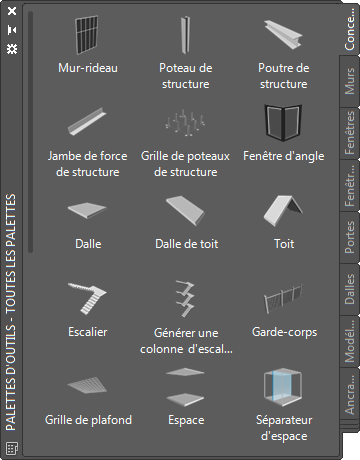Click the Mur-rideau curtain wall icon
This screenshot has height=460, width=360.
tap(87, 35)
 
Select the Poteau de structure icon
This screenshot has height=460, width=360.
tap(185, 35)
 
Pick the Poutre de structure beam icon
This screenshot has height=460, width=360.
tap(283, 34)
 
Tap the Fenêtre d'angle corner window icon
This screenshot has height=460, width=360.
tap(283, 123)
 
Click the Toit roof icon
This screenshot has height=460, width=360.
tap(283, 211)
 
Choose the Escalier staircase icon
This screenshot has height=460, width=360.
tap(87, 298)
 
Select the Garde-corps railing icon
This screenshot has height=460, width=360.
tap(283, 298)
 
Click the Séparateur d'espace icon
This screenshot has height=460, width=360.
tap(283, 387)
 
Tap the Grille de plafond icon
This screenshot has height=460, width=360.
tap(87, 386)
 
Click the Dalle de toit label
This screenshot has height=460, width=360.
tap(187, 244)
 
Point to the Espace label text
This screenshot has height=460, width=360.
tap(186, 420)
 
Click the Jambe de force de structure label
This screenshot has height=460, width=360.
tap(87, 164)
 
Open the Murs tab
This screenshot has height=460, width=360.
tap(350, 81)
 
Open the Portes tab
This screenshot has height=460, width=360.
tap(350, 237)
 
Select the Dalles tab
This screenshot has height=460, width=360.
tap(350, 289)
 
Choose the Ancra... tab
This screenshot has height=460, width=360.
tap(350, 394)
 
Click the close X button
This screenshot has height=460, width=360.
tap(12, 11)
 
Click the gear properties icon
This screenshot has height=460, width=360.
tap(12, 49)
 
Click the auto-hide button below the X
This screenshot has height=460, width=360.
tap(12, 30)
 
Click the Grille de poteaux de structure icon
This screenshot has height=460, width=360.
tap(185, 123)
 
